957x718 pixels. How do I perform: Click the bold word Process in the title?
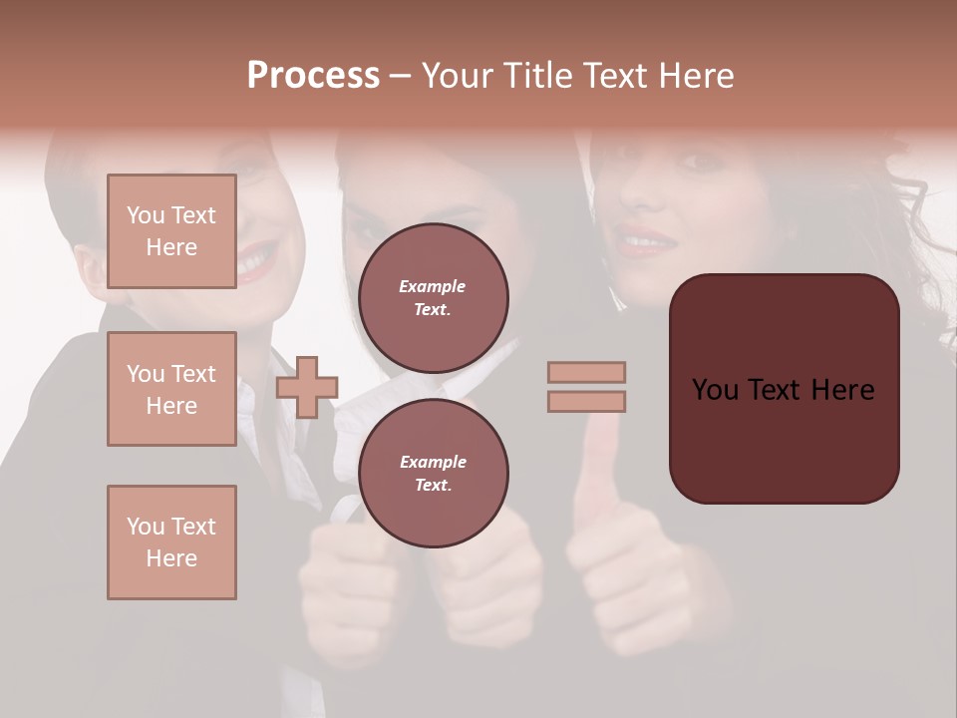coord(313,75)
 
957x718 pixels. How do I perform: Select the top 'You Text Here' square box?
coord(171,231)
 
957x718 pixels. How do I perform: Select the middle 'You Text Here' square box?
coord(171,389)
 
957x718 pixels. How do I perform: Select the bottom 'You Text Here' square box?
coord(171,542)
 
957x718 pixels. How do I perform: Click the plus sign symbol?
coord(307,386)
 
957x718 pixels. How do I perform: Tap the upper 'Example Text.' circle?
coord(433,298)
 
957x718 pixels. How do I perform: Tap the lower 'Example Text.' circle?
coord(433,474)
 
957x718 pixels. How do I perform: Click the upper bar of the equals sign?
coord(586,372)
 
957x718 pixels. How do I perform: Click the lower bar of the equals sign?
coord(586,401)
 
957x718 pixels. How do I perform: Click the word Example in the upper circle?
coord(433,286)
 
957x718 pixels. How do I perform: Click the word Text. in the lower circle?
coord(433,486)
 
